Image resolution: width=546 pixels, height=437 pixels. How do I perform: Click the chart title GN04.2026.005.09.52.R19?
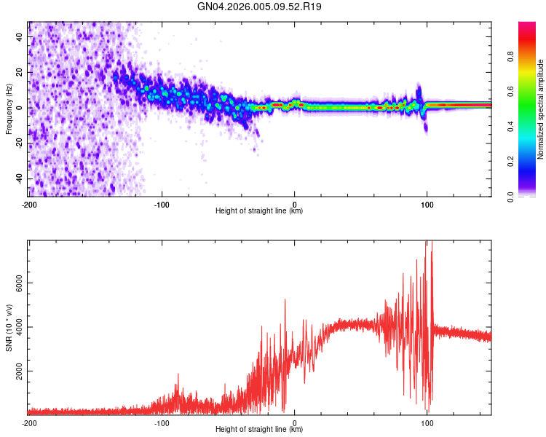(x=260, y=7)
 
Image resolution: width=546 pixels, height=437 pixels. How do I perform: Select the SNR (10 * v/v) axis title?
(x=9, y=328)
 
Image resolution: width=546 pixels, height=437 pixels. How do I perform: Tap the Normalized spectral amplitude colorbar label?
(x=541, y=109)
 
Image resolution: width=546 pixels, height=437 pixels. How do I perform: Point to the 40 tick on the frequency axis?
(x=20, y=37)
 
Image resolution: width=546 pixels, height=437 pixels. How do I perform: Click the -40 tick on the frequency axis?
(x=20, y=178)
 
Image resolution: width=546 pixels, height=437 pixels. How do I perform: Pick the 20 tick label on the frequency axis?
(x=20, y=72)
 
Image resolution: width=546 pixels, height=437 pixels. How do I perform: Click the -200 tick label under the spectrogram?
(x=29, y=204)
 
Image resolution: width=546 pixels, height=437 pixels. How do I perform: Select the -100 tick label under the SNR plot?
(x=162, y=422)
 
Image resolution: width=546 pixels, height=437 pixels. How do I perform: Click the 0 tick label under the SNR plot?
(x=294, y=422)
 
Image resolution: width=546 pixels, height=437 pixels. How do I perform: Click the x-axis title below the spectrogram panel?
(x=259, y=211)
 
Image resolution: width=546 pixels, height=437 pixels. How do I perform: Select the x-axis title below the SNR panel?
(x=259, y=430)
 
